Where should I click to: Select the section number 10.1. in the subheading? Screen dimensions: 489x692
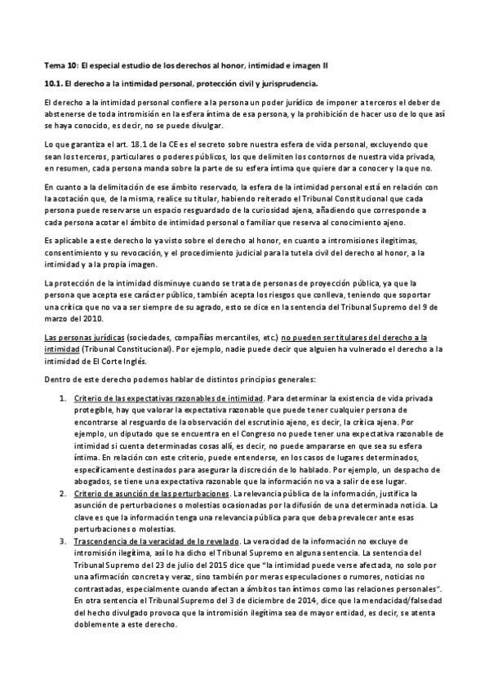point(53,83)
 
